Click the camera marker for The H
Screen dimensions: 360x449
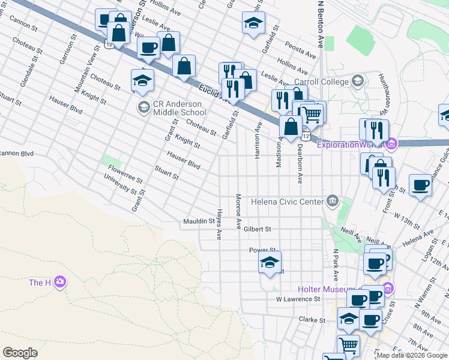click(x=59, y=282)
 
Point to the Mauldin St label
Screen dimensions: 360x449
click(x=199, y=222)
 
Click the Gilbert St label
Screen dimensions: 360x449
click(x=258, y=229)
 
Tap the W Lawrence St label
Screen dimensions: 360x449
click(x=298, y=299)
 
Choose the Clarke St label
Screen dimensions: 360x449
click(x=312, y=320)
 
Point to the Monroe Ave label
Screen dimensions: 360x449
click(x=238, y=211)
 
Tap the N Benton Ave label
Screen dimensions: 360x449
click(x=320, y=24)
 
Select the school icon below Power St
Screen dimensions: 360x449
click(x=270, y=262)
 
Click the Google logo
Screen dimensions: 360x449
click(x=20, y=353)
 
